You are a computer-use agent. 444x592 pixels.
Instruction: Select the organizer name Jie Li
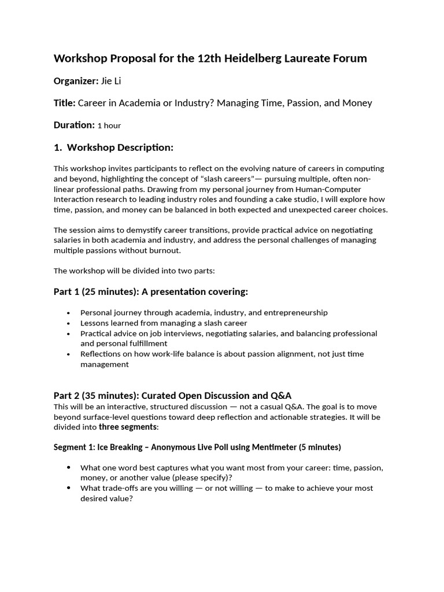tap(111, 81)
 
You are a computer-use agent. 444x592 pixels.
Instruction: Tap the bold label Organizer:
tap(76, 81)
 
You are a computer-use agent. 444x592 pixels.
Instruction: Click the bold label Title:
tap(65, 103)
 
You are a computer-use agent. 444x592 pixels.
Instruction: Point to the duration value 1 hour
tap(109, 125)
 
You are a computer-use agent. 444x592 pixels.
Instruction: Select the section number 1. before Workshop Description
tap(58, 147)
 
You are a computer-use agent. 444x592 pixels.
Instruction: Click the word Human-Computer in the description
tap(330, 189)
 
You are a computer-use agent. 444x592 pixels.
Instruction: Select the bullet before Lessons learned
tap(69, 324)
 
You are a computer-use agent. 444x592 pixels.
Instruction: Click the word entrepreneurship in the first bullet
tap(295, 313)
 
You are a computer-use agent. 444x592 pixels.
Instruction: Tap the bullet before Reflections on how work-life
tap(69, 354)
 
